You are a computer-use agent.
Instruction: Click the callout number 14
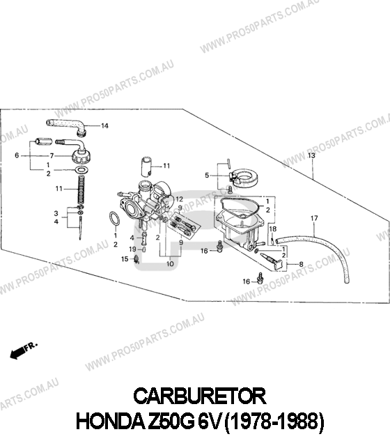pyautogui.click(x=104, y=125)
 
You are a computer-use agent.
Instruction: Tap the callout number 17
pyautogui.click(x=314, y=218)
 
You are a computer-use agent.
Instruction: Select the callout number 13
pyautogui.click(x=311, y=155)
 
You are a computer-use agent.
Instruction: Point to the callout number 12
pyautogui.click(x=179, y=199)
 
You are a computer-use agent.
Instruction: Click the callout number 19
pyautogui.click(x=132, y=249)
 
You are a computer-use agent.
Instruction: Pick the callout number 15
pyautogui.click(x=125, y=259)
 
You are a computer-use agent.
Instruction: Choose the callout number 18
pyautogui.click(x=273, y=229)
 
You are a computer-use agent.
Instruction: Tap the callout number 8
pyautogui.click(x=301, y=264)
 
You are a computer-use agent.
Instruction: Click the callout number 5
pyautogui.click(x=207, y=175)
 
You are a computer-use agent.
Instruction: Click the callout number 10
pyautogui.click(x=170, y=263)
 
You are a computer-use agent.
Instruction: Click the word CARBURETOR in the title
pyautogui.click(x=200, y=396)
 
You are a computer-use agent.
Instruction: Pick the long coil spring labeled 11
pyautogui.click(x=81, y=190)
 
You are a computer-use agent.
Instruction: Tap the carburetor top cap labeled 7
pyautogui.click(x=81, y=155)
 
